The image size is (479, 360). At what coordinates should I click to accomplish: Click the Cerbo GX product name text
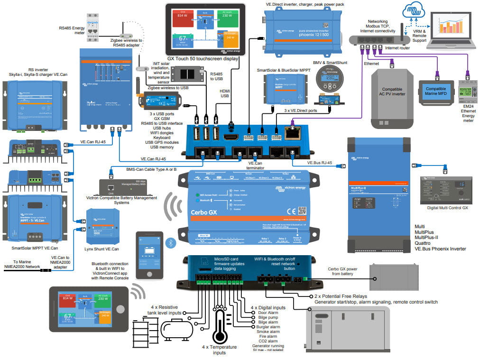(203, 212)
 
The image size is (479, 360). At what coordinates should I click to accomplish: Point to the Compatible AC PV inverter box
(391, 97)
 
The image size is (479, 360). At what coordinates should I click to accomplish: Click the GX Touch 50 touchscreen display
(205, 29)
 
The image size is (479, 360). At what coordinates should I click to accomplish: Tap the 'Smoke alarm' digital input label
(268, 332)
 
